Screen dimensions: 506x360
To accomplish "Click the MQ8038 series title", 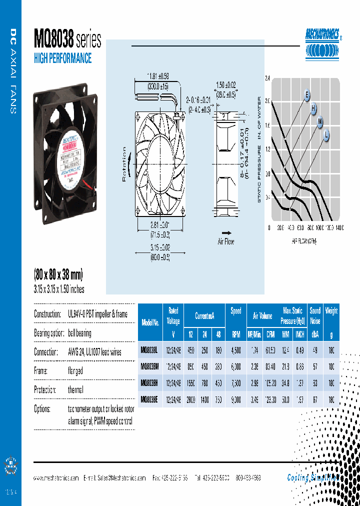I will pos(67,38).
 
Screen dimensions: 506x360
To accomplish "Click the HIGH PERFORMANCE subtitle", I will pos(62,58).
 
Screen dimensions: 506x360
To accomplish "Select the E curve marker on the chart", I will pos(307,95).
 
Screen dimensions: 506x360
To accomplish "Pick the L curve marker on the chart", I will pos(326,133).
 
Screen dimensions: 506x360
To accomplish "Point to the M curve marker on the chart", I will pos(320,120).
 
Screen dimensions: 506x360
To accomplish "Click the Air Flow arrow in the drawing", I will pos(226,233).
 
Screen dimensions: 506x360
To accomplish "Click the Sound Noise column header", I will pos(315,316).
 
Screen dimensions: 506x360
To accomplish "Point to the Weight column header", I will pos(331,311).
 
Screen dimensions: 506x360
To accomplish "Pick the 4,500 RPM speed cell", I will pos(236,351).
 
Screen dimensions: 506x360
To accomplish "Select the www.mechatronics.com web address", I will pos(56,478).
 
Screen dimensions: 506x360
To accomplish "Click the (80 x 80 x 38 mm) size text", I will pos(58,274).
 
